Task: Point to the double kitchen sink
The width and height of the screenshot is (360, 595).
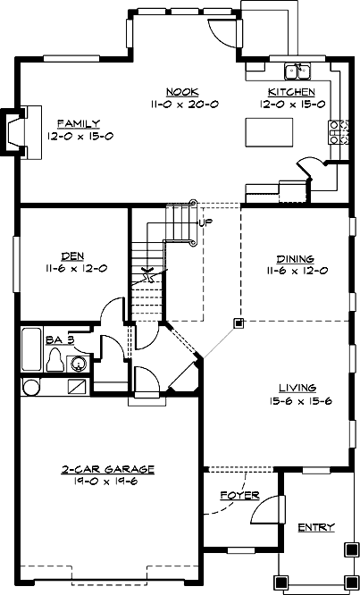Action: click(x=297, y=71)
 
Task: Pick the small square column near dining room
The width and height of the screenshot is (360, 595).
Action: click(x=238, y=322)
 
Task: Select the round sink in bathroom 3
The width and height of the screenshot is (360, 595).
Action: click(x=79, y=364)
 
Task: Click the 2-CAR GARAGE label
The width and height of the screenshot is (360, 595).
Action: click(x=109, y=468)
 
